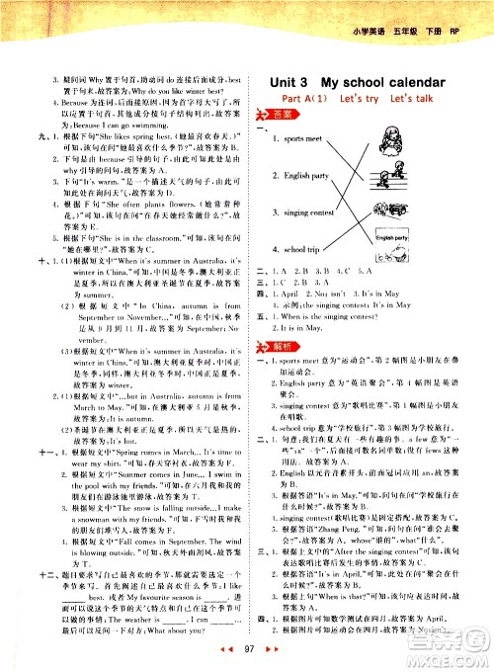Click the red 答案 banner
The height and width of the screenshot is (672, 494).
(x=284, y=115)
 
